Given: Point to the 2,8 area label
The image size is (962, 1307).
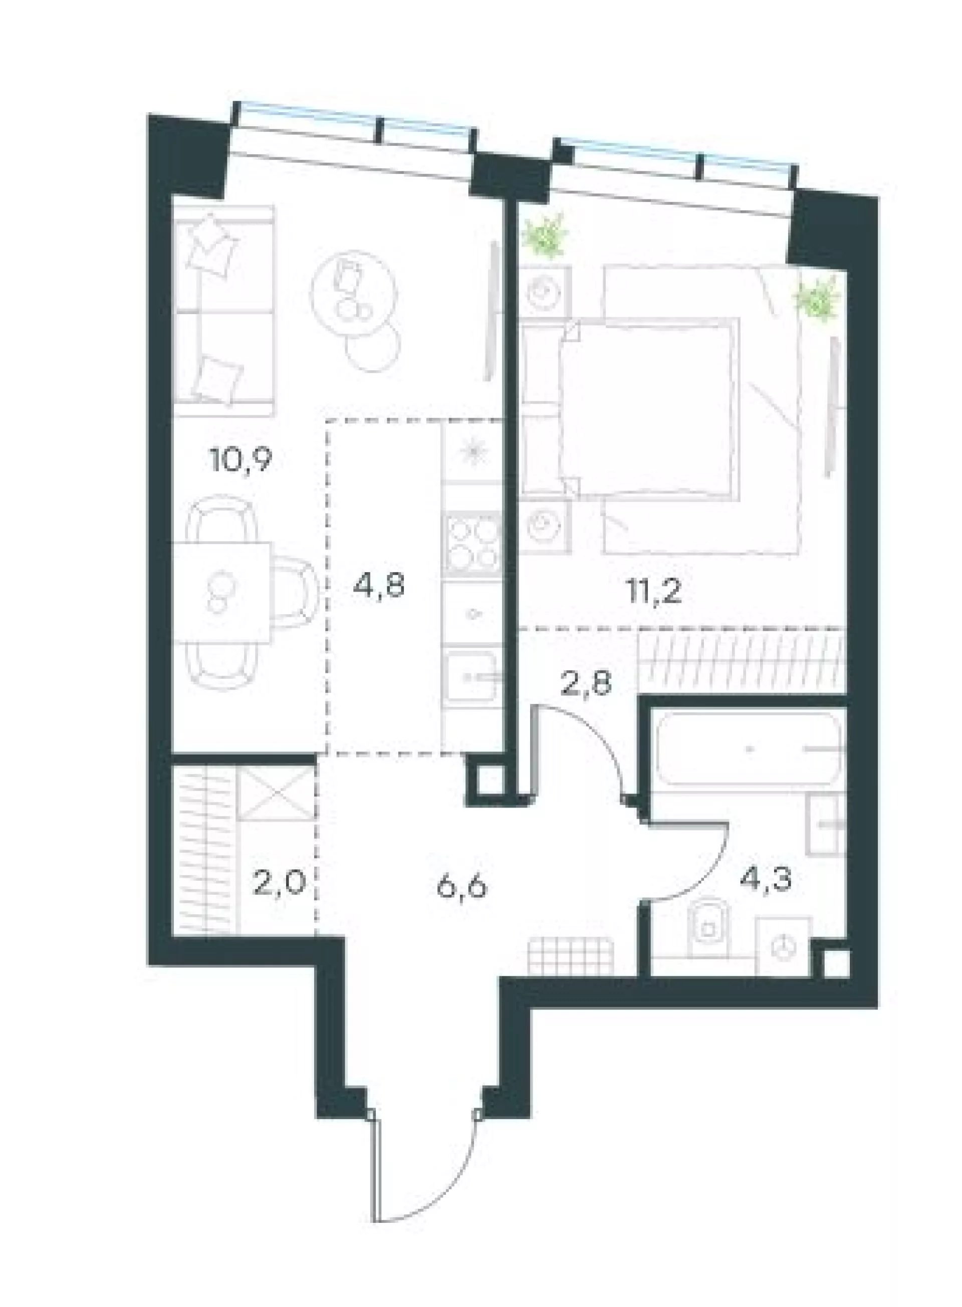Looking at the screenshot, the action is click(586, 683).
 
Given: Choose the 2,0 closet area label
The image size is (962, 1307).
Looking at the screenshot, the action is click(279, 887).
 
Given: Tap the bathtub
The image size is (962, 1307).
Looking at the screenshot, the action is click(750, 749).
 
